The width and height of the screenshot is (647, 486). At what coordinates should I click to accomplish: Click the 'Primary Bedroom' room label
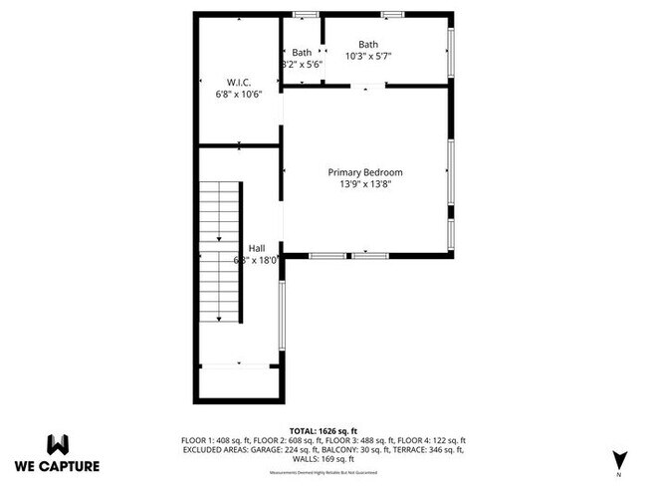pos(365,172)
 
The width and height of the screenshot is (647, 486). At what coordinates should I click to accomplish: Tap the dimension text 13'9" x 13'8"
pos(365,183)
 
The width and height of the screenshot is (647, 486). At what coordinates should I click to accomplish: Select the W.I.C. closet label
pos(238,83)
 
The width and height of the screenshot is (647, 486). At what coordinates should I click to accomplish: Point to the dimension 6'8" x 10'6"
pos(238,95)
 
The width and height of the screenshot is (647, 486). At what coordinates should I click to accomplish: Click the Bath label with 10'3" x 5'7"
pos(368,44)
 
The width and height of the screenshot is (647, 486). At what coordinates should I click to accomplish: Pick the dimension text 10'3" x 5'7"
pos(368,57)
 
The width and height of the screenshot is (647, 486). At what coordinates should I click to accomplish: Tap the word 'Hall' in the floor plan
pos(256,249)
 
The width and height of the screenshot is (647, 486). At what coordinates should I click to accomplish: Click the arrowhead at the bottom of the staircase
pos(218,319)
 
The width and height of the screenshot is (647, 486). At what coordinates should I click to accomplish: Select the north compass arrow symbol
pos(619,459)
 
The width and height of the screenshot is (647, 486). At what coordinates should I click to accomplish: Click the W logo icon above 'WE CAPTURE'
pos(58,444)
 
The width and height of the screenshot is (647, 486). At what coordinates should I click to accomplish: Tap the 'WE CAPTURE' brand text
pos(58,465)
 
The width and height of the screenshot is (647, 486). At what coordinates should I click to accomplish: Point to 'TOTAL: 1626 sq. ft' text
pos(323,429)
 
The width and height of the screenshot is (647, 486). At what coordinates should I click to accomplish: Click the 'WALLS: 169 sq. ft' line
pos(323,460)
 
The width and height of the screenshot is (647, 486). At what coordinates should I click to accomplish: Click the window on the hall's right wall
pos(282,320)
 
